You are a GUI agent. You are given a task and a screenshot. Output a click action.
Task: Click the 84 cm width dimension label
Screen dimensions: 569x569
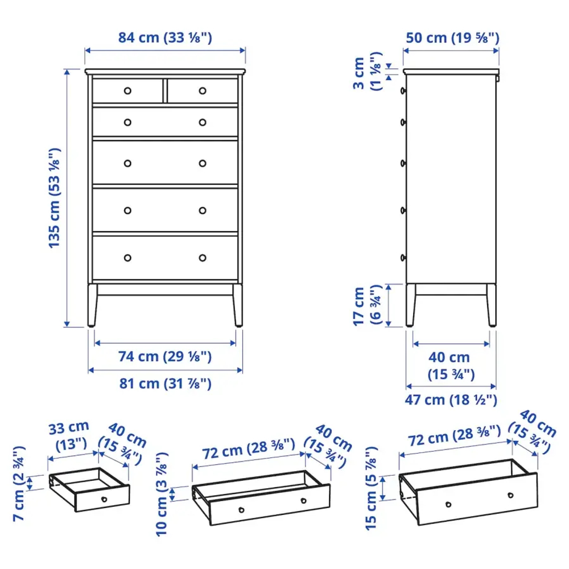[x=165, y=38]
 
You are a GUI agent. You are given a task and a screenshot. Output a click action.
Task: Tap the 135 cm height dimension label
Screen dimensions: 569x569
[x=55, y=198]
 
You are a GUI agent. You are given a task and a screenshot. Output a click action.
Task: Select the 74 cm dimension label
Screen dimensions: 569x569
[x=165, y=357]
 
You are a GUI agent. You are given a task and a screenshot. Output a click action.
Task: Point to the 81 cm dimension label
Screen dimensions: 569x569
[x=165, y=384]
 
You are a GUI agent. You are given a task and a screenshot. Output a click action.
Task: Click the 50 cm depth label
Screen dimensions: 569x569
[x=453, y=38]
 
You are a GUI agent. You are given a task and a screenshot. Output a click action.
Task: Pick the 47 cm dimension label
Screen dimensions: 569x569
[x=453, y=399]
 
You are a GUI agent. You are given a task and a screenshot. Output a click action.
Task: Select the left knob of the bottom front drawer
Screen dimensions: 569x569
[x=127, y=258]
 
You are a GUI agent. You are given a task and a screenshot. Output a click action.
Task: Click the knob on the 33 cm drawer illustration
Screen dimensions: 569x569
[x=104, y=499]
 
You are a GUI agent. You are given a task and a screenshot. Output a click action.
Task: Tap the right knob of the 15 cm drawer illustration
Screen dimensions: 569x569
[x=510, y=495]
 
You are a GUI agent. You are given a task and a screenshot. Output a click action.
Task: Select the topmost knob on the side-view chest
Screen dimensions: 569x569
[x=403, y=90]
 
